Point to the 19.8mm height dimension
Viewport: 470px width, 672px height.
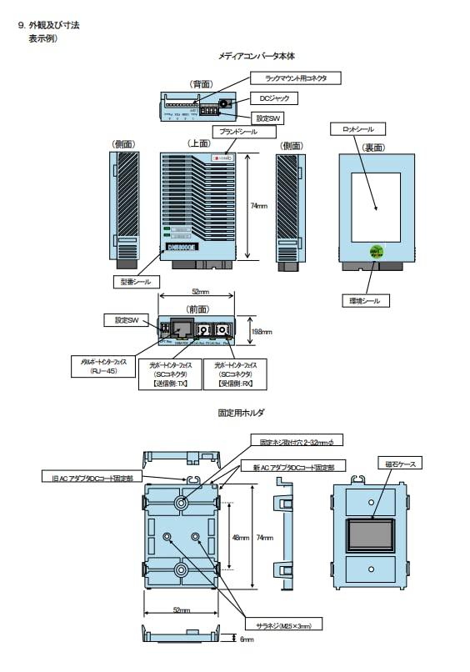[262, 331]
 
